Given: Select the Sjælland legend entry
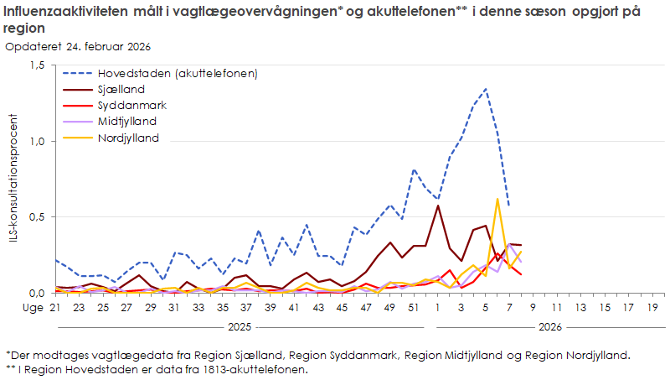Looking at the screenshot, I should [122, 89].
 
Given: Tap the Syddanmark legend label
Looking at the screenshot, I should [131, 106].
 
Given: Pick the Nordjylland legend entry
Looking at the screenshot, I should [128, 138].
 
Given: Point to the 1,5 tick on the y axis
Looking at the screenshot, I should [37, 65].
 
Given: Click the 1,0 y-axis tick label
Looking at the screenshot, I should [37, 141].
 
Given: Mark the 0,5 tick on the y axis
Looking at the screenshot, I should [37, 216].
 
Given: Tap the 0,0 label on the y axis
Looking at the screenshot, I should [37, 293].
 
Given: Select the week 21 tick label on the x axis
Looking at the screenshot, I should [56, 308].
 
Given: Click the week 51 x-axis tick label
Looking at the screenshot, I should [413, 308].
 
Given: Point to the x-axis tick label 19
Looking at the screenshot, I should [652, 308].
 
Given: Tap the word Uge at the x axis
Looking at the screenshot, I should [17, 308].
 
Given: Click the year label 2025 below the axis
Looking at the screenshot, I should [241, 326].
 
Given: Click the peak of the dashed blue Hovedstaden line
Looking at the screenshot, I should [486, 89].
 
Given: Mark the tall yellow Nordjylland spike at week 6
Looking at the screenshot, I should [497, 200].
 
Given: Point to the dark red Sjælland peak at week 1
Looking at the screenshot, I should [438, 206].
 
